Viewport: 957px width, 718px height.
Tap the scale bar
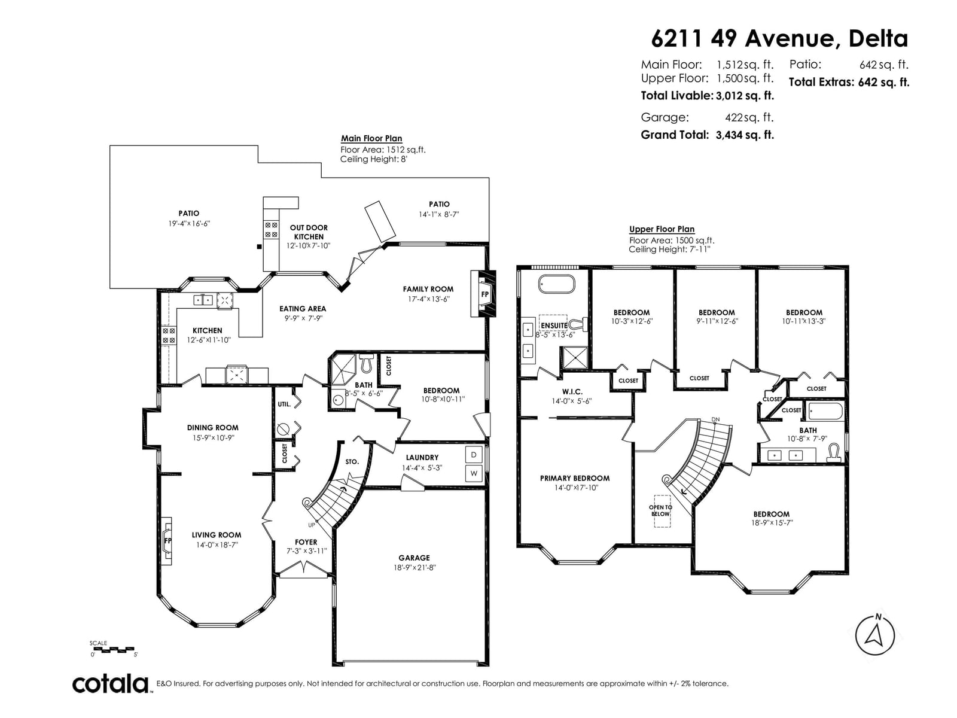[115, 649]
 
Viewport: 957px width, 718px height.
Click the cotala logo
[110, 684]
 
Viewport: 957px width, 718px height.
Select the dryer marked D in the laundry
[474, 455]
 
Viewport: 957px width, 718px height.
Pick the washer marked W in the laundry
[474, 473]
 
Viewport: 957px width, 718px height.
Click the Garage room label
[414, 558]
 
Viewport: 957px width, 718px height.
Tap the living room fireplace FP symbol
[166, 540]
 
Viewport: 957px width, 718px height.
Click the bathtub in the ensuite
[557, 284]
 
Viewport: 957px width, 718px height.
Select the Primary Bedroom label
[575, 478]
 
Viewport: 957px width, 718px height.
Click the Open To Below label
[660, 510]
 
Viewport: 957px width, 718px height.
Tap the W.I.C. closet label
[572, 392]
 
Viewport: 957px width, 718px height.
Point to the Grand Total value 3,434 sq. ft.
[745, 135]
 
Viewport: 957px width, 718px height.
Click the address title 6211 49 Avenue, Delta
[779, 39]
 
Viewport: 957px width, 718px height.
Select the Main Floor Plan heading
[371, 138]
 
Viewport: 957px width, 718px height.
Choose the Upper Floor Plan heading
[662, 229]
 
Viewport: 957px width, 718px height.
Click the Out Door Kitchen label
[309, 232]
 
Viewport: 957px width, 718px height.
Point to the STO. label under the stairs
[352, 462]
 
